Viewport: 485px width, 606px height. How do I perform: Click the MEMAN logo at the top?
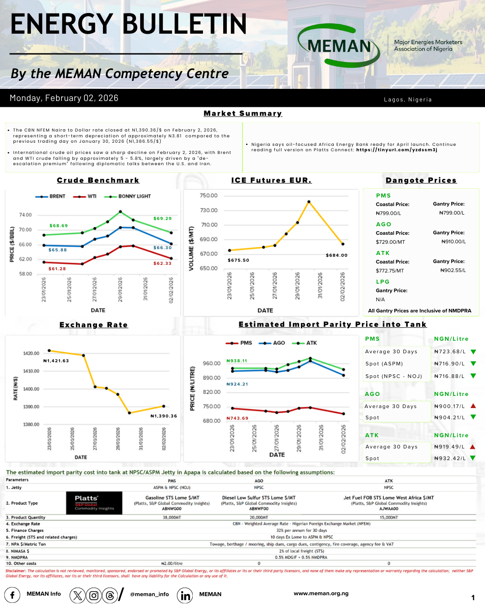coord(339,46)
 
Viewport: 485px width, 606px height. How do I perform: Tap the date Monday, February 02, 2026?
coord(64,98)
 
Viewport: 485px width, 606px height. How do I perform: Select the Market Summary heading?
coord(242,114)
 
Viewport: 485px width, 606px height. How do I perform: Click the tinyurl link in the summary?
coord(397,150)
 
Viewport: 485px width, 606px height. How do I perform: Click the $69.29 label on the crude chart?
coord(162,219)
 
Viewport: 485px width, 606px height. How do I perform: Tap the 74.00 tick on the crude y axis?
coord(25,215)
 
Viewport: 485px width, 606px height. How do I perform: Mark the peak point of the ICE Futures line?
coord(309,202)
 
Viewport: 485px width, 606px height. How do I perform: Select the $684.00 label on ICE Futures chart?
coord(336,255)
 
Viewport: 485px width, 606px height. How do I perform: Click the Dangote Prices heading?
coord(421,180)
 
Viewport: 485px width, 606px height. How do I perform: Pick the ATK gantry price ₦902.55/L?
coord(453,271)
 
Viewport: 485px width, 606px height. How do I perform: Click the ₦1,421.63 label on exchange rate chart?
coord(56,361)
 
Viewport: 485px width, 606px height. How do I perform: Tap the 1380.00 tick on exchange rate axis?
coord(31,424)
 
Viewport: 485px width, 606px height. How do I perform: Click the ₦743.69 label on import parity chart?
coord(237,418)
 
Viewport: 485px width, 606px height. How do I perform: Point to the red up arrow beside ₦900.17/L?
coord(473,406)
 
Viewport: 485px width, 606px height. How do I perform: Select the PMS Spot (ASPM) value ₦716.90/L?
coord(449,364)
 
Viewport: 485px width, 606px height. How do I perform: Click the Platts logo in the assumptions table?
coord(94,503)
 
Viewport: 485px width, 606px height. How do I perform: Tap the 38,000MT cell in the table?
coord(172,518)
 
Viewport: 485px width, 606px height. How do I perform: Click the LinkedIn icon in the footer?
coord(185,595)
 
